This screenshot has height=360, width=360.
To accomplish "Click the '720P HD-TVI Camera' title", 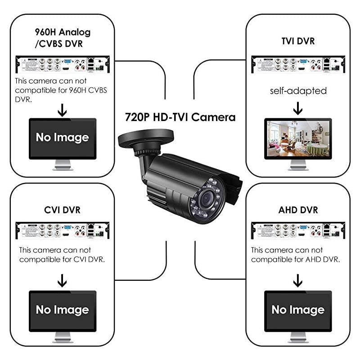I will [x=180, y=117].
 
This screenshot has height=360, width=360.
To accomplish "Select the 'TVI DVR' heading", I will [x=297, y=41].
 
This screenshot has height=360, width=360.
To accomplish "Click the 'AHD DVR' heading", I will [x=297, y=210].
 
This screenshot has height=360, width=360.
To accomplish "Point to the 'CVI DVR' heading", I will [x=62, y=210].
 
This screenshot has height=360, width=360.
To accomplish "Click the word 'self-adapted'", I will [x=298, y=90].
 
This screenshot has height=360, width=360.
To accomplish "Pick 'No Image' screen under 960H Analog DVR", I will [x=62, y=137].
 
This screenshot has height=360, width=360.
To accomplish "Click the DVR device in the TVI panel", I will [x=297, y=64].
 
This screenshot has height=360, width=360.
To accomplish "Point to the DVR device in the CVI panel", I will [x=62, y=231].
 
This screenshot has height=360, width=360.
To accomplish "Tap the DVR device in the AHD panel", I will [x=297, y=231].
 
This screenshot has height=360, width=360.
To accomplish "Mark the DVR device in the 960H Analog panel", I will [x=62, y=64].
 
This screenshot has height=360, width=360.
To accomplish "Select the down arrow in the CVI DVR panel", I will [x=62, y=281].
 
